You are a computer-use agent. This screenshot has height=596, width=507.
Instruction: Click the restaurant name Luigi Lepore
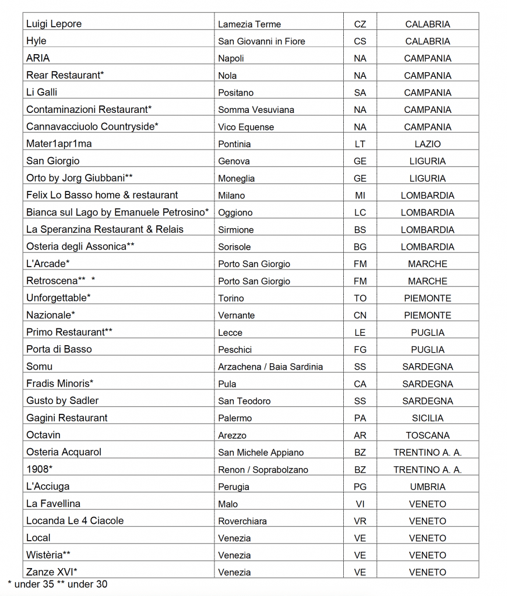[x=54, y=24]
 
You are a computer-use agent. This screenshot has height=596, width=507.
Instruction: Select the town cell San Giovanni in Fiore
[x=261, y=41]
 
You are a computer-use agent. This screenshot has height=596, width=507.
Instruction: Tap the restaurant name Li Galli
[x=41, y=92]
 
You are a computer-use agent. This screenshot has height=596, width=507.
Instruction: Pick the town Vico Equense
[x=246, y=127]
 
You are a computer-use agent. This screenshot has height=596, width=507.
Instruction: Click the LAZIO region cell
[x=427, y=144]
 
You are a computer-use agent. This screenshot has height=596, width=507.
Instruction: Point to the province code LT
[x=360, y=144]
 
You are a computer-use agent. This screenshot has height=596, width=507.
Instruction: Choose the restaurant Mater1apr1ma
[x=59, y=144]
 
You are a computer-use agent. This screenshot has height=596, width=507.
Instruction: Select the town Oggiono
[x=235, y=212]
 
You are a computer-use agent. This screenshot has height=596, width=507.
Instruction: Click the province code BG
[x=360, y=247]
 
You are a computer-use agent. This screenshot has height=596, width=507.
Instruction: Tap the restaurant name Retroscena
[x=52, y=281]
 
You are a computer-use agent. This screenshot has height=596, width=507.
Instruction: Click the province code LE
[x=360, y=332]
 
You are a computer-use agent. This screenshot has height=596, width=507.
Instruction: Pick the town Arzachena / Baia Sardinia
[x=270, y=367]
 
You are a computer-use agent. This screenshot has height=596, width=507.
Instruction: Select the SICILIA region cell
[x=427, y=418]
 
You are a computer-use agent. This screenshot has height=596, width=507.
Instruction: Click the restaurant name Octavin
[x=43, y=435]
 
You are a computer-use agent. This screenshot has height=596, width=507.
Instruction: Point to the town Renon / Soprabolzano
[x=263, y=470]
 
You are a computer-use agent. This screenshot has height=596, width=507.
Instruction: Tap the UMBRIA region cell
[x=427, y=487]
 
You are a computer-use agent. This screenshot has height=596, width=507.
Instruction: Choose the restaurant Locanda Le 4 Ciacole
[x=75, y=520]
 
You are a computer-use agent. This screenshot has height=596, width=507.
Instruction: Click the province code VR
[x=360, y=521]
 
